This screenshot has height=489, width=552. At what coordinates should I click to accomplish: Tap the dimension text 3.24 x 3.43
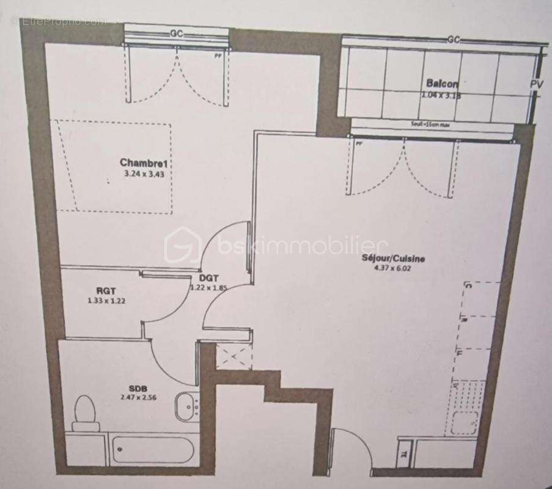coord(145,173)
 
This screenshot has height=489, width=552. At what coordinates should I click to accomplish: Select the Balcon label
coord(442,84)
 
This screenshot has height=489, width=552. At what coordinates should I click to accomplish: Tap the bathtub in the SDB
coord(153,450)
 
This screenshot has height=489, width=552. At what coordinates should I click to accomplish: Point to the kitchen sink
coord(467,422)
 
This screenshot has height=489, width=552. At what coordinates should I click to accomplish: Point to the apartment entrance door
coord(350,449)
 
